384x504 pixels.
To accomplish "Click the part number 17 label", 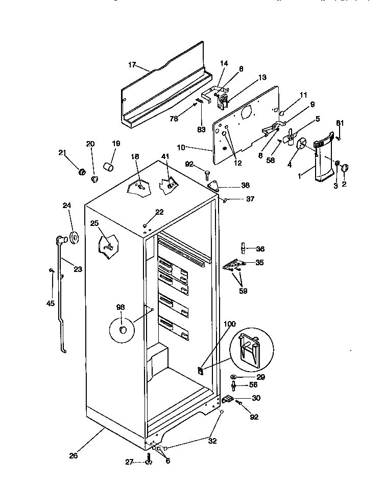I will pos(132,65).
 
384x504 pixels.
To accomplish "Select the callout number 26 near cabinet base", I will pos(74,455).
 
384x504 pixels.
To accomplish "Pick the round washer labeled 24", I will pos(74,237).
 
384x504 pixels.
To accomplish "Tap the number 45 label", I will pos(50,303).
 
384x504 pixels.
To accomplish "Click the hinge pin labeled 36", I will pos(244,249).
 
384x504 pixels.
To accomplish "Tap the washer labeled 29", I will pos(233,377).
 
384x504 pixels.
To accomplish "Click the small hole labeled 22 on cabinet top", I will pos(146,225).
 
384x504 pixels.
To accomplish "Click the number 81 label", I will pos(340,123).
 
